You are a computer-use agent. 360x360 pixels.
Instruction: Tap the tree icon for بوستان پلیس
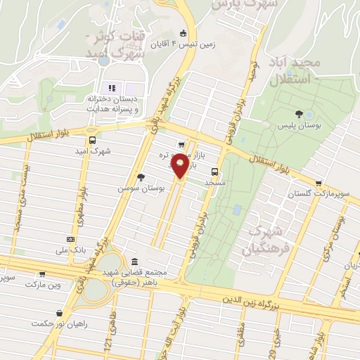pos(300,113)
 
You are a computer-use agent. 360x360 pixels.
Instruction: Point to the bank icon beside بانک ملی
pos(70,239)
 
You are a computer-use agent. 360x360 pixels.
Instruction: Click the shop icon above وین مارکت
pos(42,274)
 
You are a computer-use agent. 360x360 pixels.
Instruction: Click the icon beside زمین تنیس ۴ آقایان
pos(184,33)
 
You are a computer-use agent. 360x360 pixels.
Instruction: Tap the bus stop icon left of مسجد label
pos(214,171)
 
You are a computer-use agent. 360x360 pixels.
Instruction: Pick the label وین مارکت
pos(44,285)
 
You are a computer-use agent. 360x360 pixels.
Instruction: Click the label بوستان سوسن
pos(141,188)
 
